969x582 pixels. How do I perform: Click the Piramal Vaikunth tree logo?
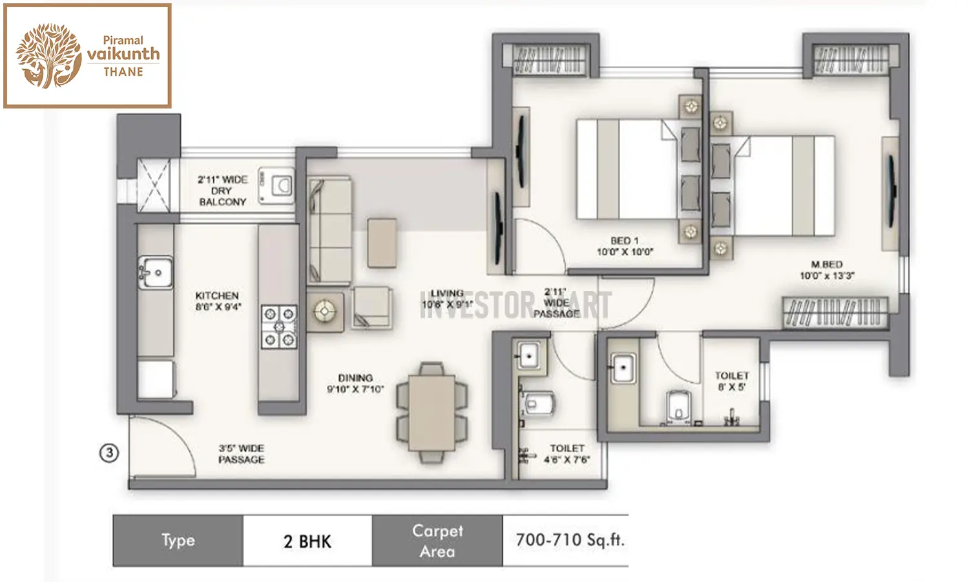click(49, 56)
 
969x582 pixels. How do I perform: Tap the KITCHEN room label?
click(217, 301)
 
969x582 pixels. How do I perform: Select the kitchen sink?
click(155, 272)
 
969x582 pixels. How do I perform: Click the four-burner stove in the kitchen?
click(278, 327)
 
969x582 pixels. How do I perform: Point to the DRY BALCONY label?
click(222, 191)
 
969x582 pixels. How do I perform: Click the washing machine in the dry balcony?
click(277, 186)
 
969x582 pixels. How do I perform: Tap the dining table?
click(432, 412)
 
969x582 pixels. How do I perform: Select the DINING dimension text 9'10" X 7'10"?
click(355, 389)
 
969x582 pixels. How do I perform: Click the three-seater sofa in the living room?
click(329, 231)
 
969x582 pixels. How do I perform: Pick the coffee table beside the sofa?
click(382, 242)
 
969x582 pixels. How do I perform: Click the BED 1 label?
click(624, 246)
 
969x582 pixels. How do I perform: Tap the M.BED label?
click(827, 270)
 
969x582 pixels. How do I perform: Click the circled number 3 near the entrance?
click(109, 453)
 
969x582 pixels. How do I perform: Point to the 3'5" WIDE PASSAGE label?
click(241, 454)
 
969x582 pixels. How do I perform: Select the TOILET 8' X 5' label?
click(731, 381)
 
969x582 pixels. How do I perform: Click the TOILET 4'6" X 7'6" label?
click(567, 454)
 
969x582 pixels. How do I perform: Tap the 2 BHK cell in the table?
click(307, 541)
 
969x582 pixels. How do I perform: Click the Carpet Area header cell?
click(437, 541)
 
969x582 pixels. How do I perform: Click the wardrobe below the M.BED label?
click(835, 312)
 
